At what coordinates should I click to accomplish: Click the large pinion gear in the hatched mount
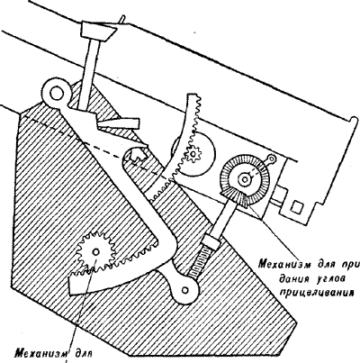(96, 251)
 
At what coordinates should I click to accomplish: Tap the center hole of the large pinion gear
(96, 251)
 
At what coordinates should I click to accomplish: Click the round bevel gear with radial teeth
(245, 180)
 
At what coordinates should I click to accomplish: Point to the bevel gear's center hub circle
(245, 179)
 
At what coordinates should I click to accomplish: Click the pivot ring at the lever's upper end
(56, 93)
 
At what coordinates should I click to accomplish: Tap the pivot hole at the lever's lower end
(186, 290)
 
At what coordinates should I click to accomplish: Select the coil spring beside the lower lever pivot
(201, 261)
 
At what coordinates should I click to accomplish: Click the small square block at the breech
(298, 207)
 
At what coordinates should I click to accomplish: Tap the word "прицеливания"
(315, 291)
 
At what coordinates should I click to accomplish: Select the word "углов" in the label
(331, 278)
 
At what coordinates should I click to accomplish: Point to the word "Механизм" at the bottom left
(40, 351)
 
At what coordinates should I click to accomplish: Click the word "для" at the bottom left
(83, 351)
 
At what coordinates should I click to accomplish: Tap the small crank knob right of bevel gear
(272, 158)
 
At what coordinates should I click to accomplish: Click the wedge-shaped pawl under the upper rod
(117, 123)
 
